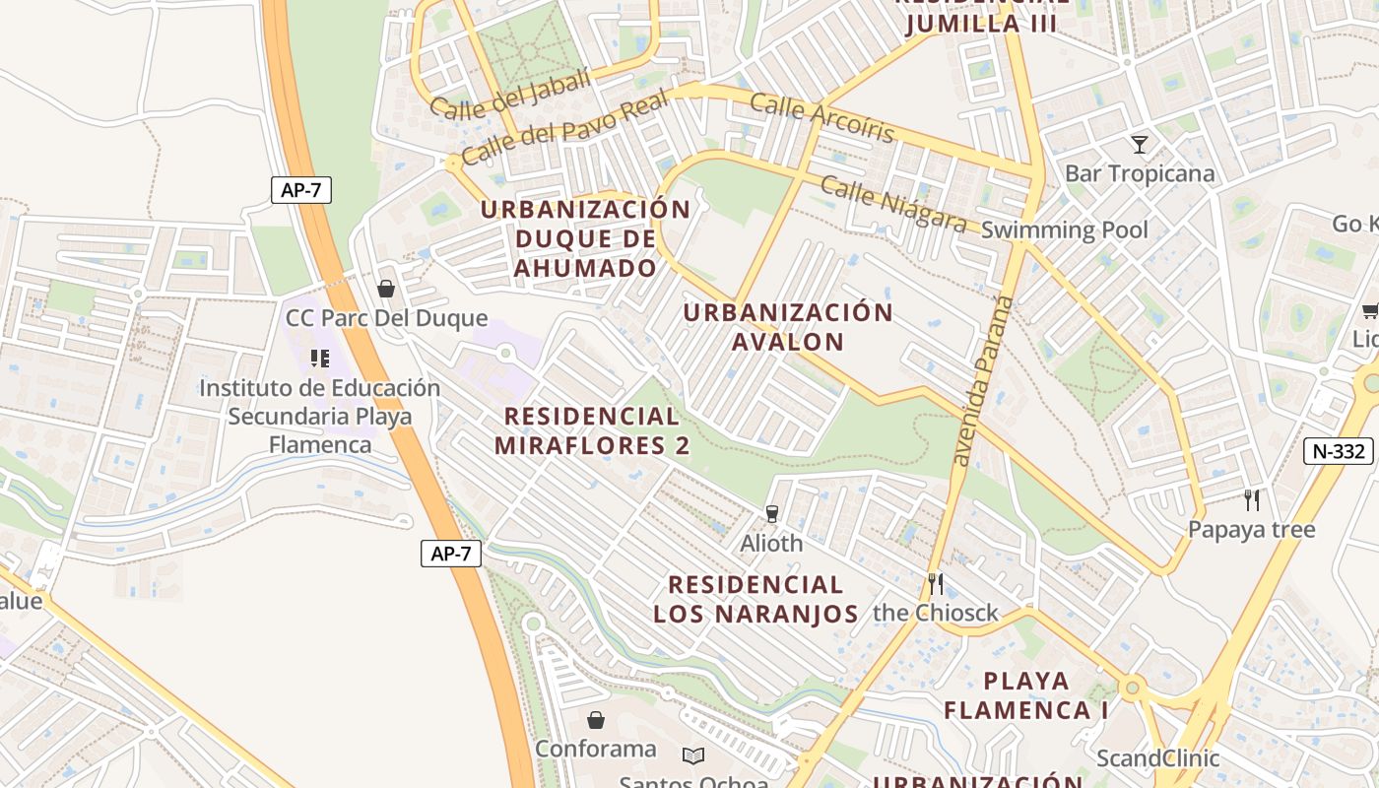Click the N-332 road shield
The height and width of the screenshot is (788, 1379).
(1340, 451)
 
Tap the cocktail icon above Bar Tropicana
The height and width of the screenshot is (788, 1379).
(1140, 145)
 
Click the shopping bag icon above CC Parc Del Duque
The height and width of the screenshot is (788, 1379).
(386, 289)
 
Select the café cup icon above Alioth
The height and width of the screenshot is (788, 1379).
(771, 513)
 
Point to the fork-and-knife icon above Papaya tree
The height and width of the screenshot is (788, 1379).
(1251, 499)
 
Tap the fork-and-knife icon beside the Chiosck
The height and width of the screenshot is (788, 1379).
(935, 584)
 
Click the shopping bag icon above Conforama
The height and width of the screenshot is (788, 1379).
(595, 720)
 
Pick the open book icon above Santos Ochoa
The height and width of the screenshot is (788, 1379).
(693, 755)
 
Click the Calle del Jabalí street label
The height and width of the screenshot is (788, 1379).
(510, 95)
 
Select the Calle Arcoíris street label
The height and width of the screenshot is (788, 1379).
(822, 118)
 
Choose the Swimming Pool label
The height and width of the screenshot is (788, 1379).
(1065, 230)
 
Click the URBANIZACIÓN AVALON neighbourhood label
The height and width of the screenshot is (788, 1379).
(788, 327)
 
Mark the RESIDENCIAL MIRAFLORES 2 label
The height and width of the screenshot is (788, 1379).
(591, 430)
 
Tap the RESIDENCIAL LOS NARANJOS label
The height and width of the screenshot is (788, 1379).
(755, 600)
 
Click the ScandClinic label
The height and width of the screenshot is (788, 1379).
(1157, 758)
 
